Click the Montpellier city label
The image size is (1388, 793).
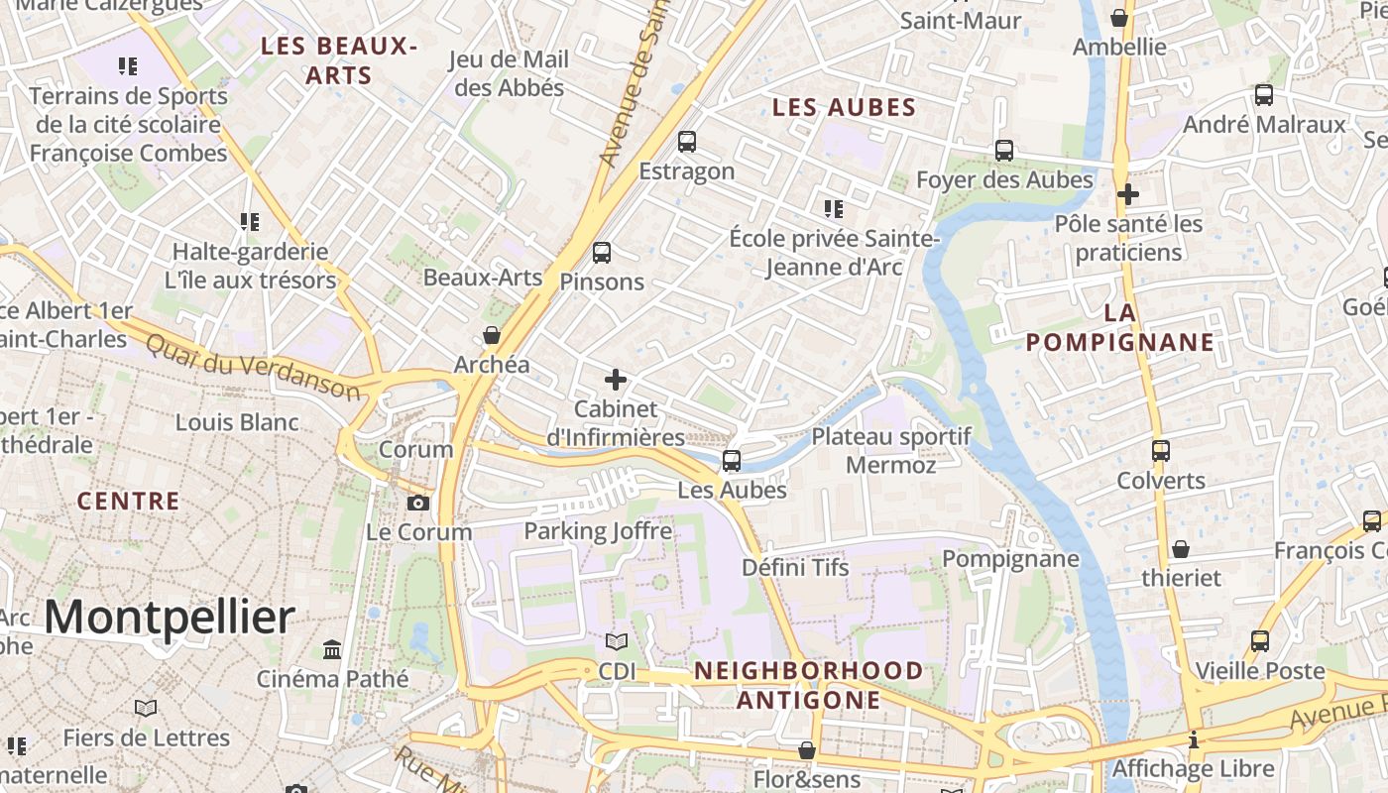pos(169,618)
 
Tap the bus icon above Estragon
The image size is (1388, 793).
pos(687,142)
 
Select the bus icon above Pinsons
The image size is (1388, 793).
pos(602,253)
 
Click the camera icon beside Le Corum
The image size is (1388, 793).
pos(418,503)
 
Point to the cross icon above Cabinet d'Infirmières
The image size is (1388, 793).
pos(616,380)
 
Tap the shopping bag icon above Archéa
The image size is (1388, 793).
pos(491,336)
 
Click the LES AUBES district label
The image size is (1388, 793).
pos(844,107)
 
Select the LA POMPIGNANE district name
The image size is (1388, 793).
pos(1119,328)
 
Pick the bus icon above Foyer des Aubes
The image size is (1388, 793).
pos(1004,151)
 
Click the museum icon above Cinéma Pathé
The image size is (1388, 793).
pos(332,650)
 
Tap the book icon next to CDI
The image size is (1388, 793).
pos(617,642)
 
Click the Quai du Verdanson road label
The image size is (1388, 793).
pos(253,366)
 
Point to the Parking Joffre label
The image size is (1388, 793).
pos(598,530)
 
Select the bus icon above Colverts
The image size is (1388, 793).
pos(1161,451)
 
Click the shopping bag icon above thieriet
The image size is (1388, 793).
pos(1181,548)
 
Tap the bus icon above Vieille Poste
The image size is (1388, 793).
pos(1260,641)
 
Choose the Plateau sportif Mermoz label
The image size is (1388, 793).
pos(891,450)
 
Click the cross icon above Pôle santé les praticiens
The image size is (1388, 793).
pos(1127,194)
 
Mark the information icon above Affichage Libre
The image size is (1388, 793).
pos(1194,739)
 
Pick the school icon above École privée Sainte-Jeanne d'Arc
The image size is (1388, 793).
pos(834,209)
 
